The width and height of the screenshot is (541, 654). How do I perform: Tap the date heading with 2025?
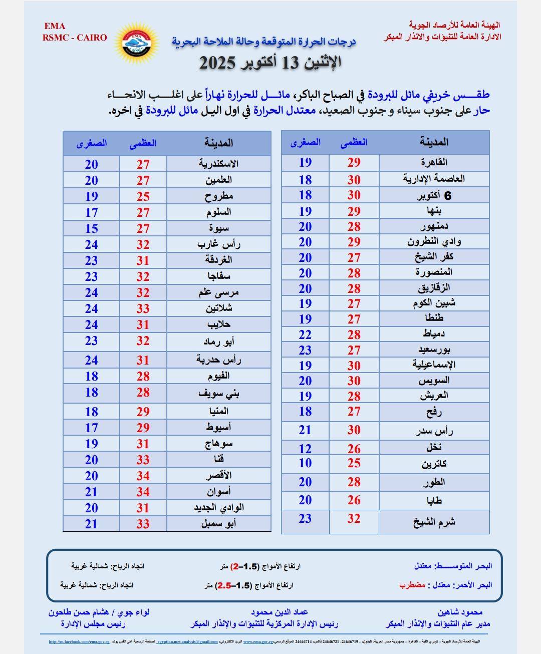click(270, 63)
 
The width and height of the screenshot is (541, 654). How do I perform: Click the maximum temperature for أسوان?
click(143, 492)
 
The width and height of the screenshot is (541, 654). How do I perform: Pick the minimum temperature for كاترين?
click(306, 463)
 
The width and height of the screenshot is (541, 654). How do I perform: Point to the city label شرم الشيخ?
click(434, 521)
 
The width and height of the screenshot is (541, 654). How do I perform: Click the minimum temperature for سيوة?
click(91, 228)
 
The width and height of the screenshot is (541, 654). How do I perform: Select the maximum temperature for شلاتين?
click(143, 308)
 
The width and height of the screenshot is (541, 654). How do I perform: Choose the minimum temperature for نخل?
click(306, 449)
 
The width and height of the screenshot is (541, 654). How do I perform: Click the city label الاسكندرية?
click(218, 164)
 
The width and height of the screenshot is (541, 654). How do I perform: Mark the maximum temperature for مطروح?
click(143, 196)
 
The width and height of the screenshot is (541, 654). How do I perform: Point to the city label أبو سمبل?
click(218, 524)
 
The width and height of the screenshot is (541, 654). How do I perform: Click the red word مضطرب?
click(412, 584)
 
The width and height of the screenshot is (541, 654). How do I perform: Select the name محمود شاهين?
click(460, 612)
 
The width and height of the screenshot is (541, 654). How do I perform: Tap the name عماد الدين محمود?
click(279, 612)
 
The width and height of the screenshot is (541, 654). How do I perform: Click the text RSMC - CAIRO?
click(75, 38)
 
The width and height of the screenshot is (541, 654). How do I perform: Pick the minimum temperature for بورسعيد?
click(306, 350)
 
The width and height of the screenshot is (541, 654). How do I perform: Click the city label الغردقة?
click(218, 260)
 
